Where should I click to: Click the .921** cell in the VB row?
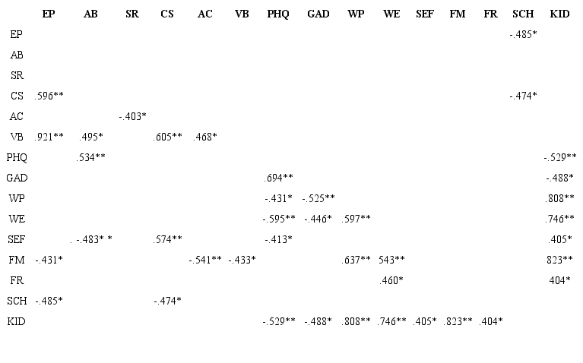(49, 137)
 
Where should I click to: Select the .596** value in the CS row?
(49, 96)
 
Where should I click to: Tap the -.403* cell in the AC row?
(132, 116)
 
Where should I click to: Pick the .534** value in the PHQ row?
(91, 157)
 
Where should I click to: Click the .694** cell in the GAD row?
(278, 178)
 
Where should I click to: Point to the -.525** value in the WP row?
(318, 198)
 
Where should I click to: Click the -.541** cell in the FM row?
(204, 260)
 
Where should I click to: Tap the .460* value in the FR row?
(391, 280)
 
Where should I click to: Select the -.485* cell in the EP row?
(523, 34)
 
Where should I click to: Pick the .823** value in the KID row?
(458, 321)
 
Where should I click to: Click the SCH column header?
(523, 14)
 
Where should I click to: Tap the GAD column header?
(318, 14)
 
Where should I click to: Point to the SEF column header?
(425, 14)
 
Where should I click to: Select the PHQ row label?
(17, 157)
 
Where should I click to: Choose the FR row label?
(17, 280)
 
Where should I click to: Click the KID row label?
(17, 321)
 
